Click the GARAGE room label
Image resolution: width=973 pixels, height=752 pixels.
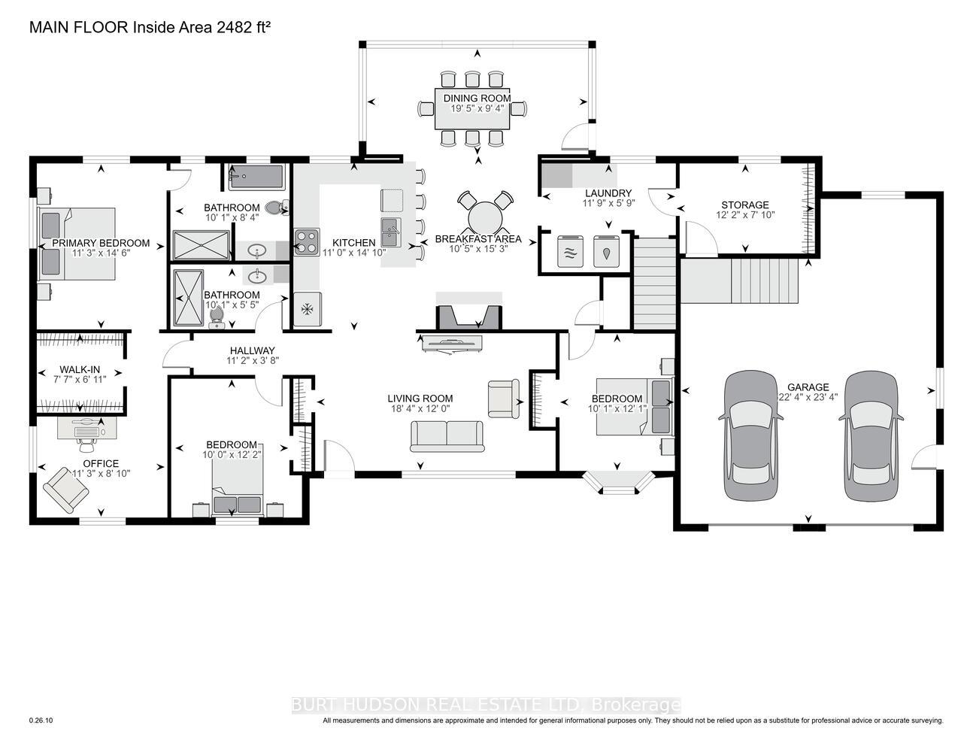(x=808, y=387)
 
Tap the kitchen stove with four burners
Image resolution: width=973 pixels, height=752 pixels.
(x=307, y=241)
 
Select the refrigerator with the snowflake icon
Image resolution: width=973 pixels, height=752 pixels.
(x=308, y=309)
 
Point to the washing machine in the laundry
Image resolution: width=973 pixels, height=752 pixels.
(x=570, y=251)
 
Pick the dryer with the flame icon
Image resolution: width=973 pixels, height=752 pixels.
(x=606, y=251)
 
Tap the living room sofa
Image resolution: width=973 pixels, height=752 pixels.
(x=447, y=436)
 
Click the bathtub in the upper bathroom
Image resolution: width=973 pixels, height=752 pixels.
(x=256, y=178)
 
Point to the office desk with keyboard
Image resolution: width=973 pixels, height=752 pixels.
(x=87, y=428)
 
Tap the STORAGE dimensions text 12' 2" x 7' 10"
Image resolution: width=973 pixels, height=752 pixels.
(x=745, y=215)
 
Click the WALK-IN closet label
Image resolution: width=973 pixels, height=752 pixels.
(x=80, y=370)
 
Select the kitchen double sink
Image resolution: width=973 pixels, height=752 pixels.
(x=391, y=232)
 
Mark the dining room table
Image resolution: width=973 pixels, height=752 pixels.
(x=472, y=109)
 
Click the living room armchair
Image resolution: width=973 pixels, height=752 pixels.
(x=504, y=399)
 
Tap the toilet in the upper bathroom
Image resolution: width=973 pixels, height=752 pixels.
(x=276, y=208)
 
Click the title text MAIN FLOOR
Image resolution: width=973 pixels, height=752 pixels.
(x=79, y=28)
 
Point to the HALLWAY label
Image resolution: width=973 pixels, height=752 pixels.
(x=253, y=351)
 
